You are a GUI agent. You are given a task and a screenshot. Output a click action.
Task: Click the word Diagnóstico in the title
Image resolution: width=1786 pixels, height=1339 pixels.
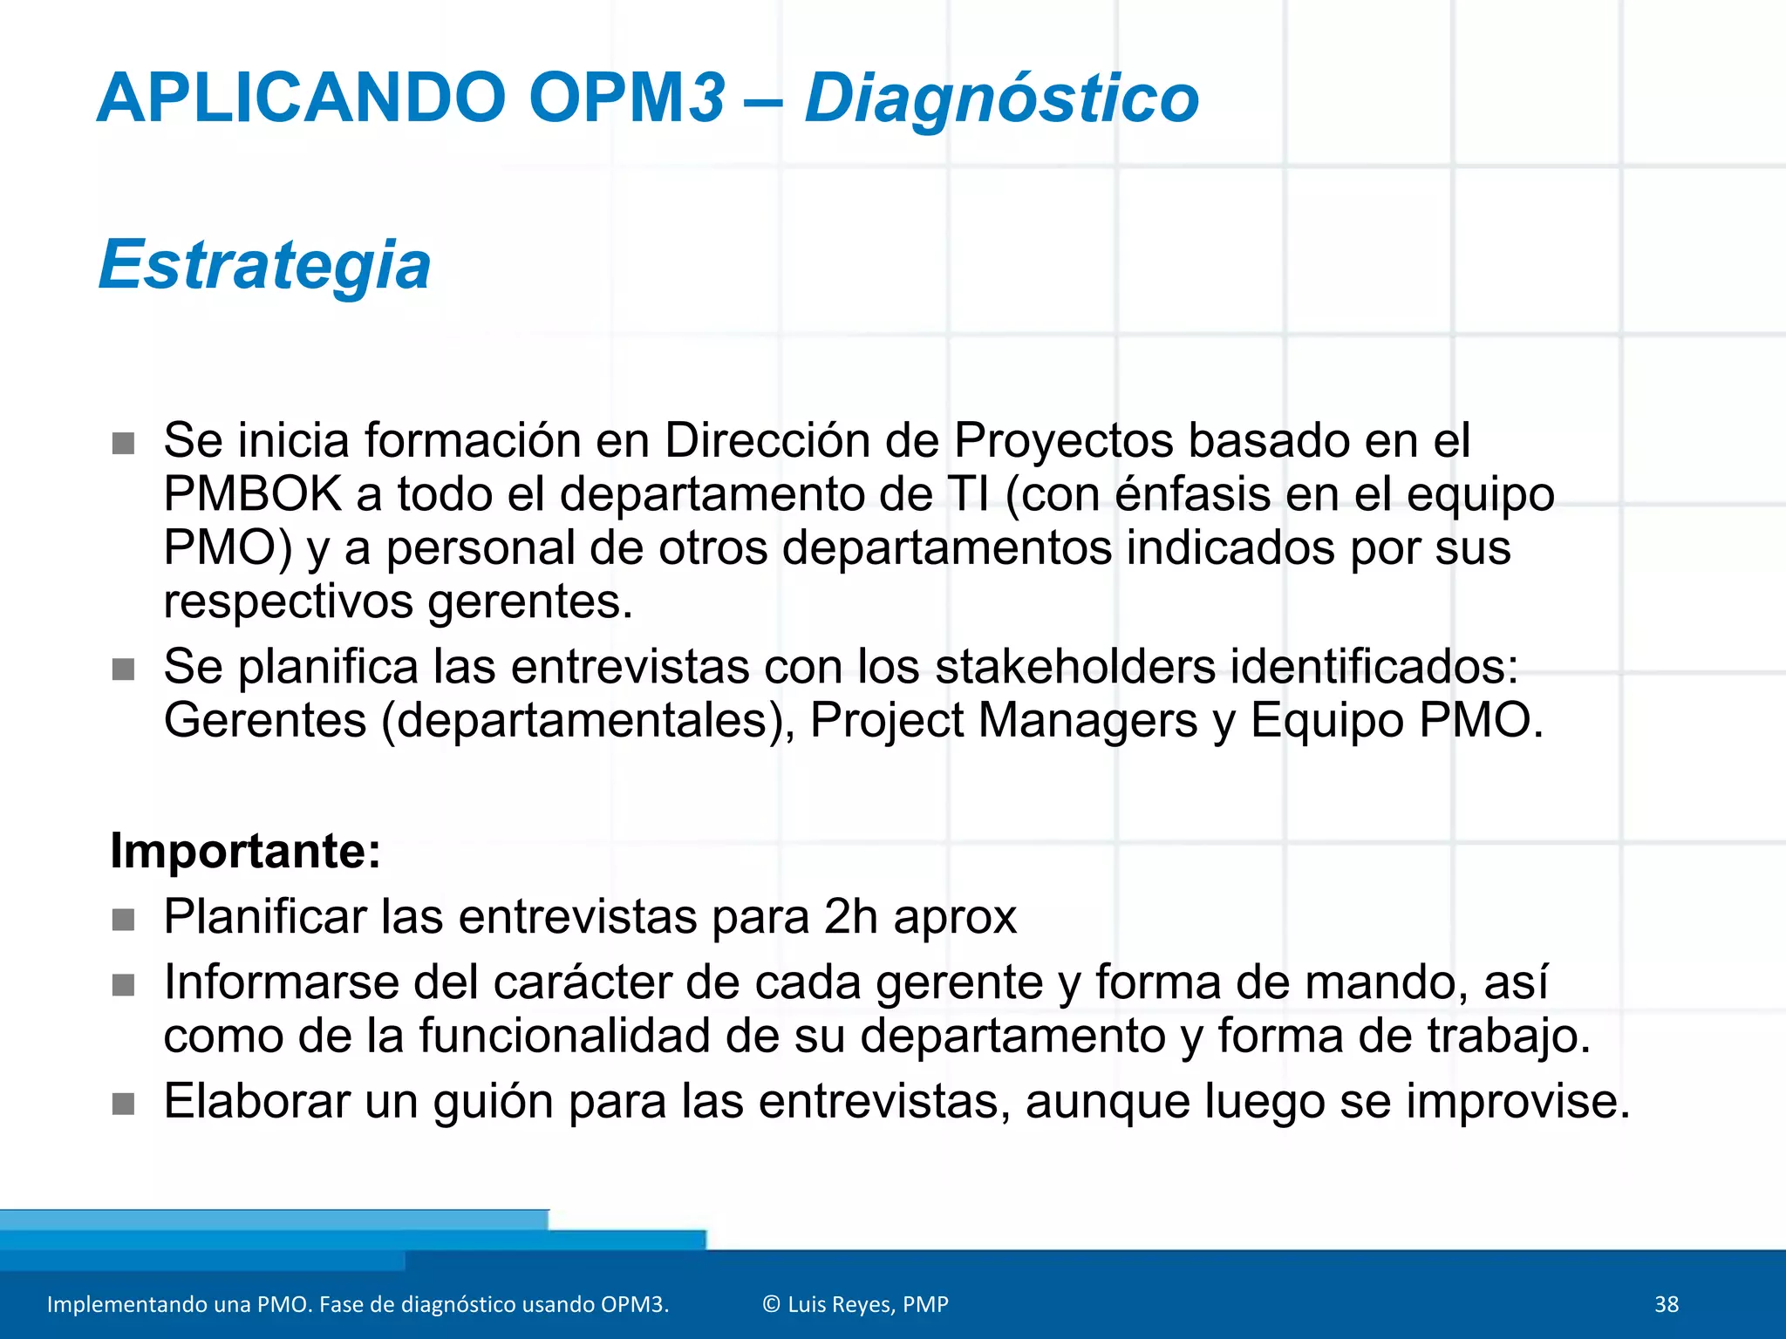pyautogui.click(x=1001, y=98)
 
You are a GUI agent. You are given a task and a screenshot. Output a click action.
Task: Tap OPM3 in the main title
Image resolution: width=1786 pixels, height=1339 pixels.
pyautogui.click(x=626, y=98)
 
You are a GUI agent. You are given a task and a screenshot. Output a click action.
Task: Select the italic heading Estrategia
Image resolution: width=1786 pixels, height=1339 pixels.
pyautogui.click(x=264, y=265)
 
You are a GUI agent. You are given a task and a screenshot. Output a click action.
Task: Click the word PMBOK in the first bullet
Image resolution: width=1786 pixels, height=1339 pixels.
pyautogui.click(x=252, y=494)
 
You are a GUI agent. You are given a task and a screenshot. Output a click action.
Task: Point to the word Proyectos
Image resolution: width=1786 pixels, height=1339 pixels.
pyautogui.click(x=1063, y=440)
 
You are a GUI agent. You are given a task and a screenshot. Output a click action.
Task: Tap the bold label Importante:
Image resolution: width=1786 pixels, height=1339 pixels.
pyautogui.click(x=246, y=851)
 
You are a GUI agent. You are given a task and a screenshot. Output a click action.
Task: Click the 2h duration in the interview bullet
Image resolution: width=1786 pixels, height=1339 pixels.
pyautogui.click(x=850, y=917)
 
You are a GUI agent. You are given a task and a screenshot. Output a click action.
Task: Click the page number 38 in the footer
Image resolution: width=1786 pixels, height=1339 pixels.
pyautogui.click(x=1666, y=1304)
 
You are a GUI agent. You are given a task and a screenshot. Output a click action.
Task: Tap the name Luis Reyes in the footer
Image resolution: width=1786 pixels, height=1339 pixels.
pyautogui.click(x=840, y=1304)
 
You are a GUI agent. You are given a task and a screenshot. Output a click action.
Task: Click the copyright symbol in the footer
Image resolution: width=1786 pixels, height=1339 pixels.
pyautogui.click(x=771, y=1304)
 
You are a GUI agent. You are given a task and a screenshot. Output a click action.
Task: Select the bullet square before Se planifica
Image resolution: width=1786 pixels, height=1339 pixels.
pyautogui.click(x=124, y=669)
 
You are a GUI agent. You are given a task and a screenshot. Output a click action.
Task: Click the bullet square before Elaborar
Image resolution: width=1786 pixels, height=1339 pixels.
pyautogui.click(x=124, y=1104)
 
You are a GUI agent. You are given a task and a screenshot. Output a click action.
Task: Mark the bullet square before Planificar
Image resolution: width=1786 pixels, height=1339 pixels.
pyautogui.click(x=124, y=920)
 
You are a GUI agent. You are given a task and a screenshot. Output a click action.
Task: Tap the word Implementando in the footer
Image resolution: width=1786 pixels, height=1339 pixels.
pyautogui.click(x=117, y=1304)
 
